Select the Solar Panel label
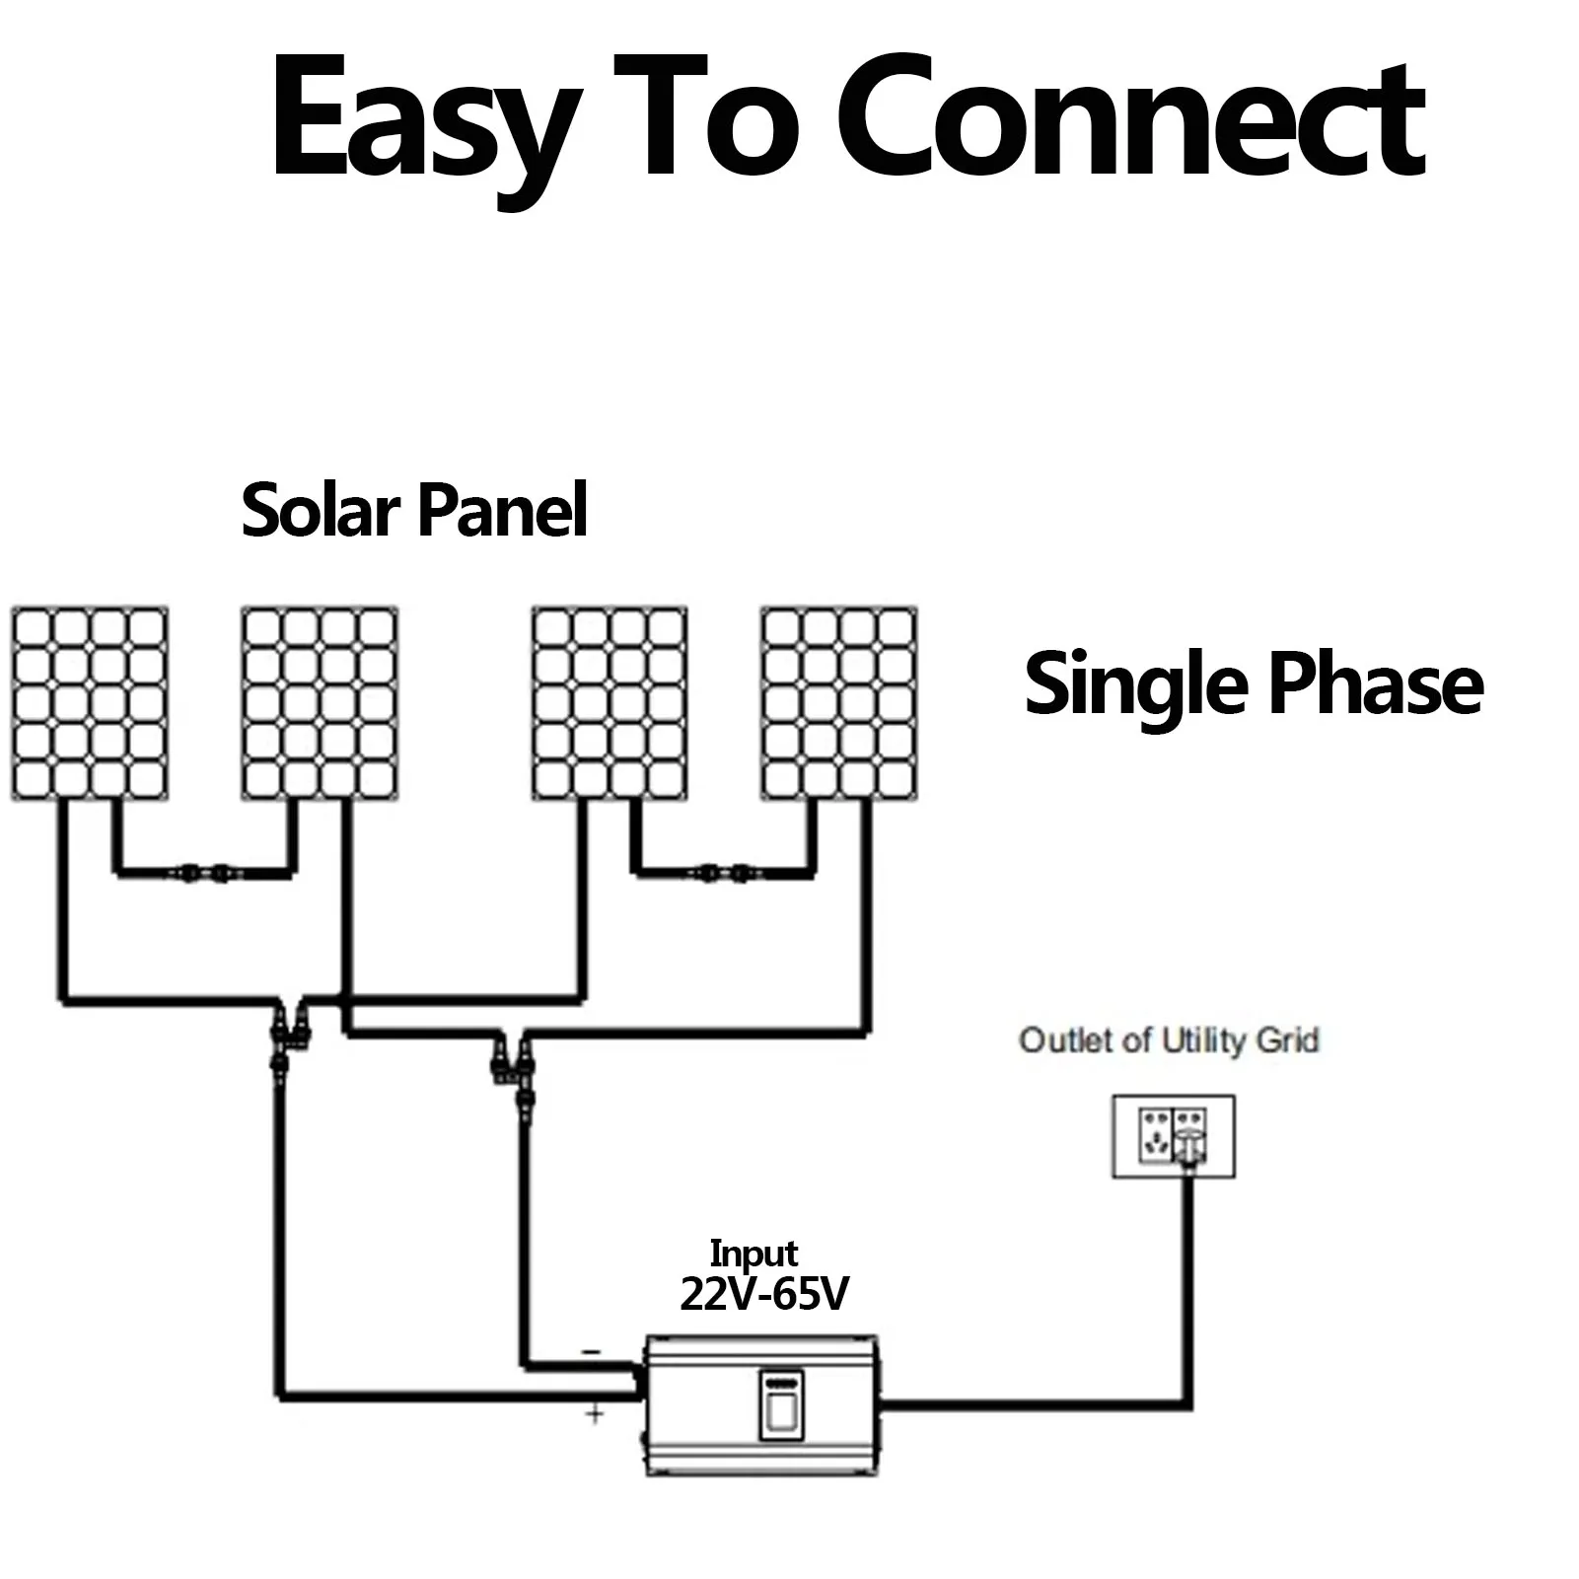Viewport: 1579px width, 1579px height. [x=414, y=510]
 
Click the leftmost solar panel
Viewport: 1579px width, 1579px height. [x=90, y=703]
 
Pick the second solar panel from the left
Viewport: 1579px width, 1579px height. [x=321, y=703]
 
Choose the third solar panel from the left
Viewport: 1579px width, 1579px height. [x=610, y=703]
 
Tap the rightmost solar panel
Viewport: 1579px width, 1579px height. [x=839, y=703]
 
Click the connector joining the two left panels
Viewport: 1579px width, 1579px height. [x=204, y=873]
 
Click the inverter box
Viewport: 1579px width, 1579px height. [x=761, y=1404]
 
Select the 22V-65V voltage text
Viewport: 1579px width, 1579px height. [x=764, y=1294]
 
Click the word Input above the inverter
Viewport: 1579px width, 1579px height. [x=754, y=1254]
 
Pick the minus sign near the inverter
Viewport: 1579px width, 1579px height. [x=592, y=1352]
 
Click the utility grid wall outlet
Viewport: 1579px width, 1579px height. [x=1174, y=1136]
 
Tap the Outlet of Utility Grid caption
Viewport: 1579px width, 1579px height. [x=1169, y=1041]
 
